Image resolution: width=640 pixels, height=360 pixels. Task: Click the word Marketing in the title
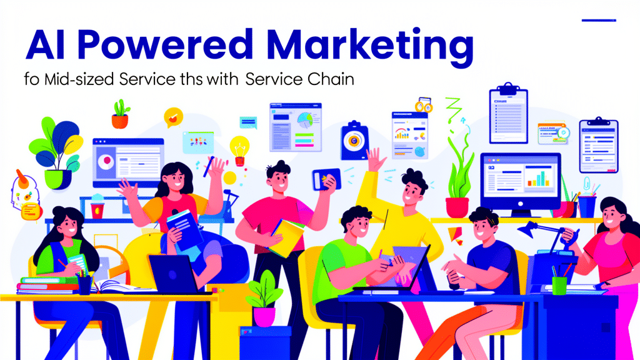point(370,46)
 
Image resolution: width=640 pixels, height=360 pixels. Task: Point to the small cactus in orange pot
point(121,114)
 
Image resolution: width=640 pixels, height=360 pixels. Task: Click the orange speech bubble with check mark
point(174,117)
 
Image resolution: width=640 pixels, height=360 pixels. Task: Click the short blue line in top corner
point(599,20)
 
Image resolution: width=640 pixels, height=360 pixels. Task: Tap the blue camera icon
point(354,141)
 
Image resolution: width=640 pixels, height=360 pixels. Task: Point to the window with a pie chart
point(296,127)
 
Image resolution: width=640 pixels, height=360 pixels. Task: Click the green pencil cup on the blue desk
point(559,284)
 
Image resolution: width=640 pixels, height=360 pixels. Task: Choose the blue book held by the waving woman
point(185,229)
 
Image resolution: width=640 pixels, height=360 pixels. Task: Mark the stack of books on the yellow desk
point(48,285)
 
